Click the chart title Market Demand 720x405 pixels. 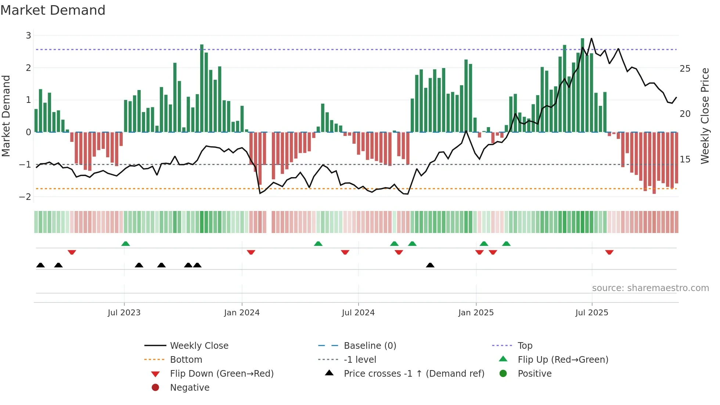point(53,10)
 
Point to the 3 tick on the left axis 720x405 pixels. point(28,36)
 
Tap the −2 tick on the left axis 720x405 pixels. point(25,197)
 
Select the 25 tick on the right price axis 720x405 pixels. point(685,69)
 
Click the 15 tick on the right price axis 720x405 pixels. point(685,159)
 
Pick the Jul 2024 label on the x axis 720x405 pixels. point(358,312)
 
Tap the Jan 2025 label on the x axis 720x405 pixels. point(476,312)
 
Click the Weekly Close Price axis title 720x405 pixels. point(705,116)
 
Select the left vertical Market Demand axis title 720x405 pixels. point(6,116)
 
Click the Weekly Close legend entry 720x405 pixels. point(199,345)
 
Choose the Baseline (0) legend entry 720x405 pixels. point(370,345)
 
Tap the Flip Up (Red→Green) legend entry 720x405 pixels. point(563,359)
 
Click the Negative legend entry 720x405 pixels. point(190,387)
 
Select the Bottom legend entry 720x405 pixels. point(186,359)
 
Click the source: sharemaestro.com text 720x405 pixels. point(650,288)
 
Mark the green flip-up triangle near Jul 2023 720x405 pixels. point(126,244)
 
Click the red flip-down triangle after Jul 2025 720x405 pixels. point(609,252)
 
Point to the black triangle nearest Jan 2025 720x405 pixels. point(430,265)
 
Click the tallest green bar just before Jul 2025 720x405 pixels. point(583,85)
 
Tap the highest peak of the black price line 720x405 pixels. point(591,38)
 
